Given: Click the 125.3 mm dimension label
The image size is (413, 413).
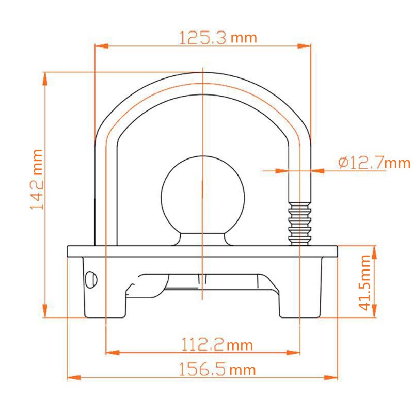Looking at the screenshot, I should click(217, 38).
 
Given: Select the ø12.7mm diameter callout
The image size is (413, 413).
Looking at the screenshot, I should click(374, 163).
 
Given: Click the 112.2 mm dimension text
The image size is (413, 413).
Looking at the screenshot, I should click(217, 344).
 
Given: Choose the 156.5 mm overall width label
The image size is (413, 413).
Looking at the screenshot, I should click(217, 370).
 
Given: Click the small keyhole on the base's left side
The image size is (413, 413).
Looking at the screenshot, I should click(91, 279).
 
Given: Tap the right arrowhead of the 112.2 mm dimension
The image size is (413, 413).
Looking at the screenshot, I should click(294, 353).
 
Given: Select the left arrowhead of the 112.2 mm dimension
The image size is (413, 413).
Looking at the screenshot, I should click(111, 353).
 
